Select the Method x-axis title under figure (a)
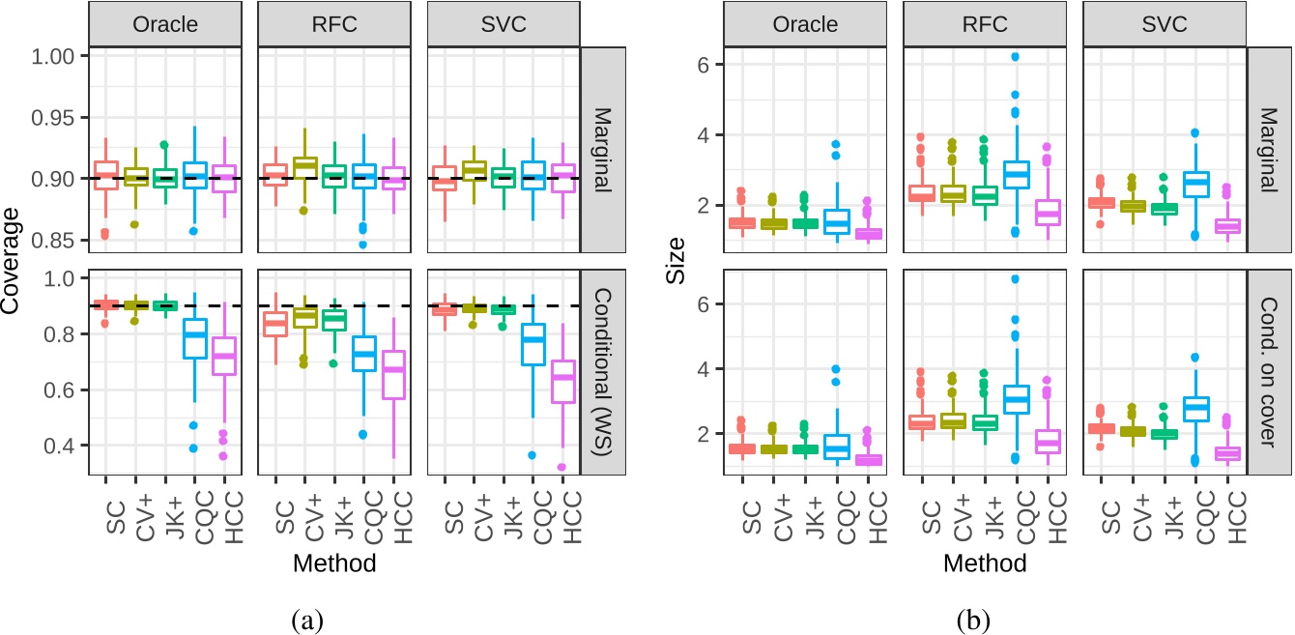coord(336,562)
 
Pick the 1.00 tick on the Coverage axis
coord(57,57)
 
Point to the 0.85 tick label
coord(57,239)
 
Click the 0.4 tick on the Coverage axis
coord(65,446)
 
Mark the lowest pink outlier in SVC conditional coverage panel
coord(561,467)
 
